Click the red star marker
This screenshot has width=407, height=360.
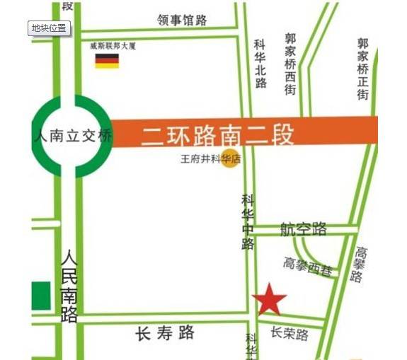pyautogui.click(x=269, y=300)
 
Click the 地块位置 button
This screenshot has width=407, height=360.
pyautogui.click(x=49, y=28)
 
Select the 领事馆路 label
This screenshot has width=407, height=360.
pyautogui.click(x=182, y=21)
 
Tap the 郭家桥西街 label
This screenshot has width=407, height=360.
pyautogui.click(x=290, y=64)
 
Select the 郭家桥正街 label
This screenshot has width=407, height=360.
pyautogui.click(x=363, y=69)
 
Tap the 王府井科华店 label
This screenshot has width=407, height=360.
pyautogui.click(x=210, y=159)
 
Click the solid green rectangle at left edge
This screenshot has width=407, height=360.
pyautogui.click(x=42, y=296)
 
